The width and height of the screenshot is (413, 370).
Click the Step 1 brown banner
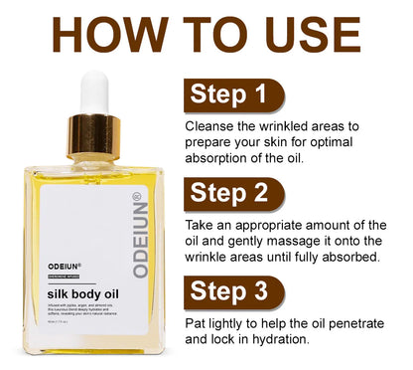[234, 95]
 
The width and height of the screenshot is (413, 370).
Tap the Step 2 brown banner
[234, 193]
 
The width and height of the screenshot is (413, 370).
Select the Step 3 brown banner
[234, 291]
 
